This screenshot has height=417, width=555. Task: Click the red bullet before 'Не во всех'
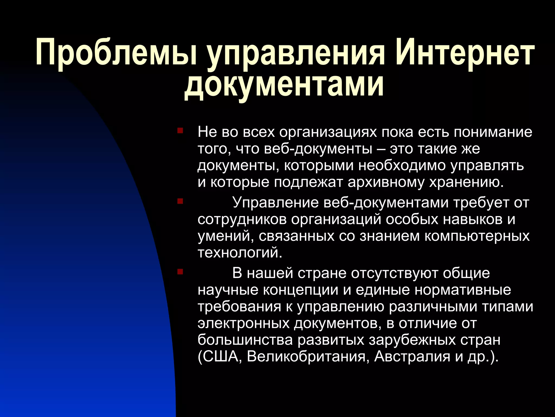(180, 131)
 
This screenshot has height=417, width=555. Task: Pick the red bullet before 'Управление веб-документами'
(180, 201)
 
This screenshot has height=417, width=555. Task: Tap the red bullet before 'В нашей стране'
(180, 271)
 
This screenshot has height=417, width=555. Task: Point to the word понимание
(493, 132)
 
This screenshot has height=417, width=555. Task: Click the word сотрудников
(242, 219)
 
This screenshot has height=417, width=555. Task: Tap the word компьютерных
(477, 236)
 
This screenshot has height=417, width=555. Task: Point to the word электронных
(244, 323)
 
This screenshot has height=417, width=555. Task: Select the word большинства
(245, 340)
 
